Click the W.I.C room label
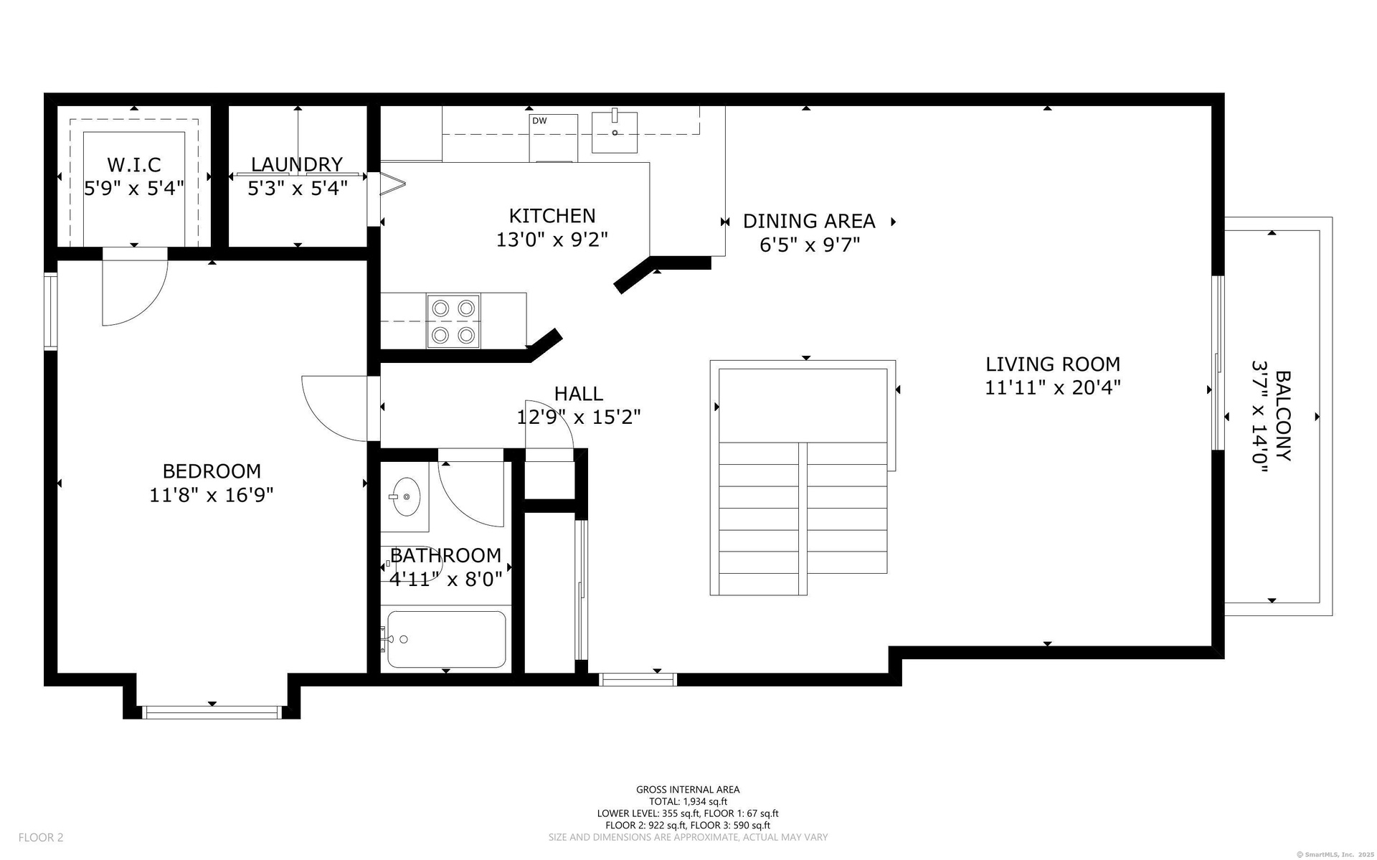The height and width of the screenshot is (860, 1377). tap(134, 165)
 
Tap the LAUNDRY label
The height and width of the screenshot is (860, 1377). tap(297, 165)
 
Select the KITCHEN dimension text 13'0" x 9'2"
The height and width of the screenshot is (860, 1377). tap(552, 240)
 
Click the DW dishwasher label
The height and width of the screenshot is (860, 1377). tap(539, 121)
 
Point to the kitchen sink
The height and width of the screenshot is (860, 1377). tap(615, 131)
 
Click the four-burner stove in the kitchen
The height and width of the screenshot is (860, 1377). tap(453, 321)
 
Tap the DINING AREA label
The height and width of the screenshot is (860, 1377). tap(809, 221)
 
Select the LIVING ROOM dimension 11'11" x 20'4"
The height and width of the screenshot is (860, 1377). tap(1053, 388)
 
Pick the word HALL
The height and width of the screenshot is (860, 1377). tap(579, 394)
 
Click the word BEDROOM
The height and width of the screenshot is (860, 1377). tap(212, 471)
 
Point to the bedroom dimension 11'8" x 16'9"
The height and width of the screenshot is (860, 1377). tap(212, 495)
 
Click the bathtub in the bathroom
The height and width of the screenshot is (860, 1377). tap(447, 639)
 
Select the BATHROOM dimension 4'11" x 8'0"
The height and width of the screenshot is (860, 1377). tap(445, 579)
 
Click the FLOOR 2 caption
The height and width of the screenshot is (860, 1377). tap(41, 837)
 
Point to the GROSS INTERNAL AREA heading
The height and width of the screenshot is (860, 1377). tap(688, 790)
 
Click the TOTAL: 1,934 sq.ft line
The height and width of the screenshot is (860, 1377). tap(688, 802)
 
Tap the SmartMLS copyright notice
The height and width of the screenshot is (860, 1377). tap(1335, 854)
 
